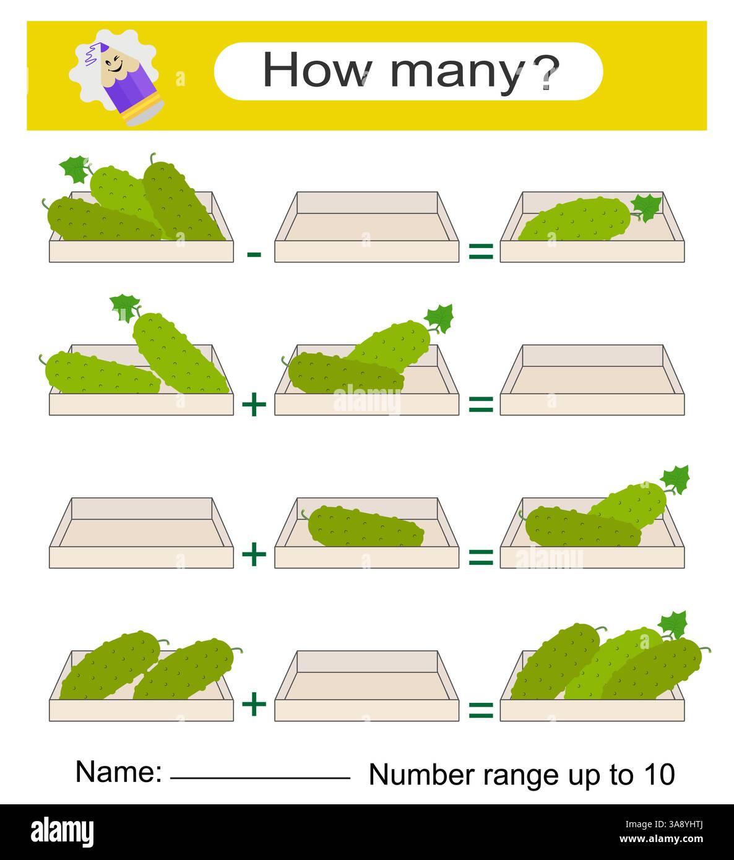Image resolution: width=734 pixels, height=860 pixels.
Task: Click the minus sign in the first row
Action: click(254, 254)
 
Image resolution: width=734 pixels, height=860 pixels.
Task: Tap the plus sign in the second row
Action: click(254, 405)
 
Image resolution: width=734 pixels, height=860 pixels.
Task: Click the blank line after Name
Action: click(260, 777)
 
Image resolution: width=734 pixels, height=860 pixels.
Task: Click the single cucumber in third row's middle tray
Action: click(366, 527)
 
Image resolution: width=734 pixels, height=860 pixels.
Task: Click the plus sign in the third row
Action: click(254, 554)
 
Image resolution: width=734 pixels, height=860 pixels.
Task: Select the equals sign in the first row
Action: click(480, 252)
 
